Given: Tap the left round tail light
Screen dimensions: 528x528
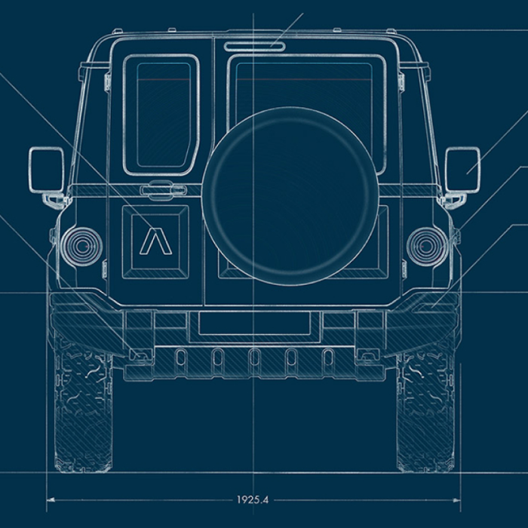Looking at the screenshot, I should click(81, 244).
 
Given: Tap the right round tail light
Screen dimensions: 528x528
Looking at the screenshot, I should click(425, 245).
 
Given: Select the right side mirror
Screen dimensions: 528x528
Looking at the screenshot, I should click(462, 169).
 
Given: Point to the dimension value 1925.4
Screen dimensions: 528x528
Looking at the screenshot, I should click(253, 499).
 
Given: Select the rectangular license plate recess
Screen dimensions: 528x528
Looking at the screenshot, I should click(254, 324).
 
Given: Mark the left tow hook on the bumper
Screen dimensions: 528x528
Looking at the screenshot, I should click(140, 352).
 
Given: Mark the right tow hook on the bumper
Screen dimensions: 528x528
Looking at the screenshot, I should click(367, 352).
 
